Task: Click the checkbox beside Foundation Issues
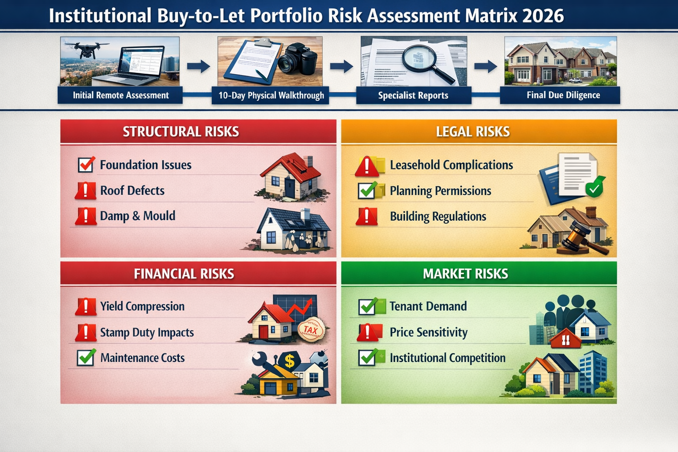coord(86,165)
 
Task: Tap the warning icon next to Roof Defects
coord(86,191)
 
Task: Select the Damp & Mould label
coord(137,216)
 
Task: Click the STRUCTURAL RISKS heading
coord(181,132)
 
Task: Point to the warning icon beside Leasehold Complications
coord(366,166)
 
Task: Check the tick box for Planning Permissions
coord(367,191)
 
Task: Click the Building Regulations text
coord(438,216)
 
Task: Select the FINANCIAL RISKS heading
coord(184,274)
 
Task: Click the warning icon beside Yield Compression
coord(86,306)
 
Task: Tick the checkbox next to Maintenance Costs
coord(86,358)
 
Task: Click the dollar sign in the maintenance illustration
coord(290,361)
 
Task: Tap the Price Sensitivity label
coord(428,332)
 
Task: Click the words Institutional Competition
coord(447,358)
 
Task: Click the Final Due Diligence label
coord(563,95)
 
